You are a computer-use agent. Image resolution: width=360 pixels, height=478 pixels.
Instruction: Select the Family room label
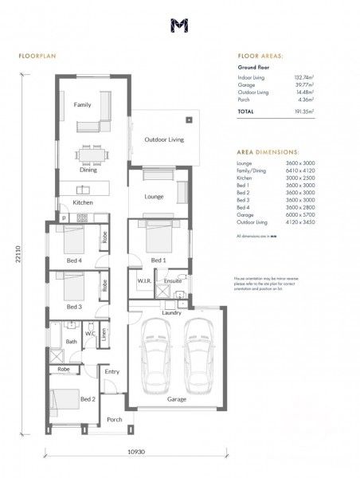83,105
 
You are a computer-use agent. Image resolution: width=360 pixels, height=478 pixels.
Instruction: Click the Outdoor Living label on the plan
163,140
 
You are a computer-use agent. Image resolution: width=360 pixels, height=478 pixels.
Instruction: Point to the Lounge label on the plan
154,195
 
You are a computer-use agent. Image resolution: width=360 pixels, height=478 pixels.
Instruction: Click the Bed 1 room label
158,261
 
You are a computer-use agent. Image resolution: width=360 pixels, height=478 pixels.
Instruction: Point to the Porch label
115,420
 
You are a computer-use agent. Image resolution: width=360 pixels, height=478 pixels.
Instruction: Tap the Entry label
112,371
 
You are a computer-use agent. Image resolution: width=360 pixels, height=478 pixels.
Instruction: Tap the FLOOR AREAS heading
260,57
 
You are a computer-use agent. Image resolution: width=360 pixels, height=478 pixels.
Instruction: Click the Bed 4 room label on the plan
73,261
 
